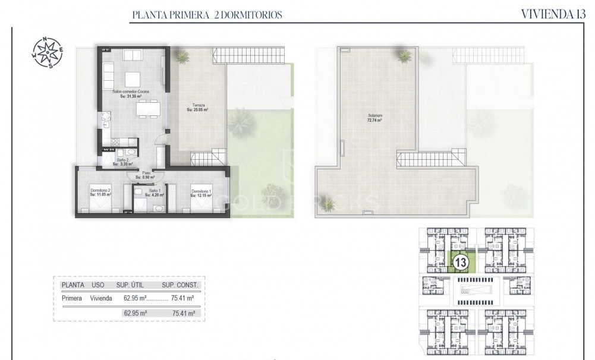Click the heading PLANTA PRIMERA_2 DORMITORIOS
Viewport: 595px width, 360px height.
coord(207,14)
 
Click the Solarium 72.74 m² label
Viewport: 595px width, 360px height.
coord(374,118)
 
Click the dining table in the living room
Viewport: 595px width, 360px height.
coord(149,109)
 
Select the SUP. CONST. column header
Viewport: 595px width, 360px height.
coord(181,286)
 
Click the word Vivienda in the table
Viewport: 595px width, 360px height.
coord(102,299)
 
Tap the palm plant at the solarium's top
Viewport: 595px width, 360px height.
coord(405,56)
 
